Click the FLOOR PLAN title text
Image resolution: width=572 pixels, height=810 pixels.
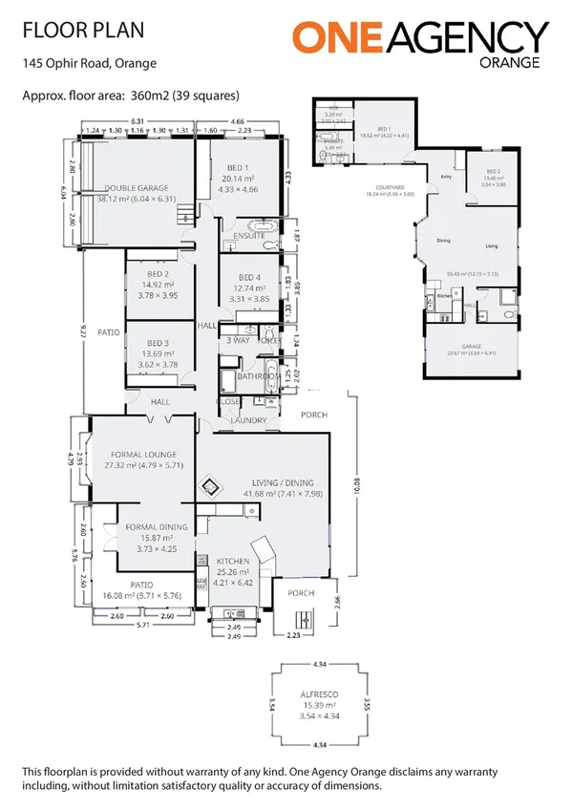click(84, 32)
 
